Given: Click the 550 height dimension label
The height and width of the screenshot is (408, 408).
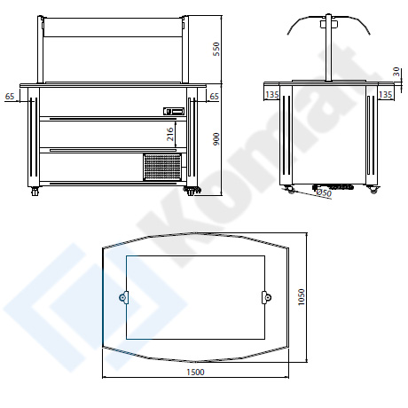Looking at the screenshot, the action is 216,49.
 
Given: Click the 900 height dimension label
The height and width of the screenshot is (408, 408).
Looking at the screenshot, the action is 216,139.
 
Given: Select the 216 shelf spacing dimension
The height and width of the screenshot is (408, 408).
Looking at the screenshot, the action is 170,134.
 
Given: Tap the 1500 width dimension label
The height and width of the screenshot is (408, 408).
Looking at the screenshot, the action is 195,372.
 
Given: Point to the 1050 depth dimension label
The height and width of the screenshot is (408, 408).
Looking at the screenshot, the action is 302,297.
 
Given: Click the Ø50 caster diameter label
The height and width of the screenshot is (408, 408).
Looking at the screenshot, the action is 324,192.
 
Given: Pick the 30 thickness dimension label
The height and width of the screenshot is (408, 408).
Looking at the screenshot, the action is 396,72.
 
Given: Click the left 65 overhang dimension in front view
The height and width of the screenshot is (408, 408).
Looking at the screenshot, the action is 10,97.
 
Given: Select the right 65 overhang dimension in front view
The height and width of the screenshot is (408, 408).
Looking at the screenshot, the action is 214,97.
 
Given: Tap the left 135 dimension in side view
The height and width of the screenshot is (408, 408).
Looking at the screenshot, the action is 272,95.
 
